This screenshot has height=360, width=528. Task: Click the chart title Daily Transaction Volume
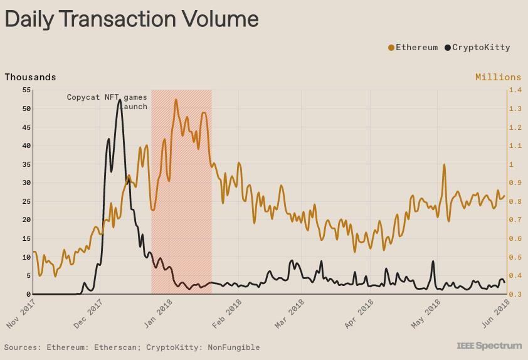132,19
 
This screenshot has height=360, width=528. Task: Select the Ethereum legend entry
413,47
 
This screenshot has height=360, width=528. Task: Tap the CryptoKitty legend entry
477,47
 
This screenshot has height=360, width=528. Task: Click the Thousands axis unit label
30,77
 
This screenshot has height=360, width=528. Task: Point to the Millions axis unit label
498,77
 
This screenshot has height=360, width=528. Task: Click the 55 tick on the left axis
26,90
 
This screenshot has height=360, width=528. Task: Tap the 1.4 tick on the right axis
515,90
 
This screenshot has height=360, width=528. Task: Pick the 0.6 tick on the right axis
515,238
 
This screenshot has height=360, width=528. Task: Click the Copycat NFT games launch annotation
107,102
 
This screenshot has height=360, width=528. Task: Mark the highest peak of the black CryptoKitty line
120,99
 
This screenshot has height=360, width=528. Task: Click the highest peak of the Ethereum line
176,99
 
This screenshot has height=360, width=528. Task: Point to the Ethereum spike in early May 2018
444,165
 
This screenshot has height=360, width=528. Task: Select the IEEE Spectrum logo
489,346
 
